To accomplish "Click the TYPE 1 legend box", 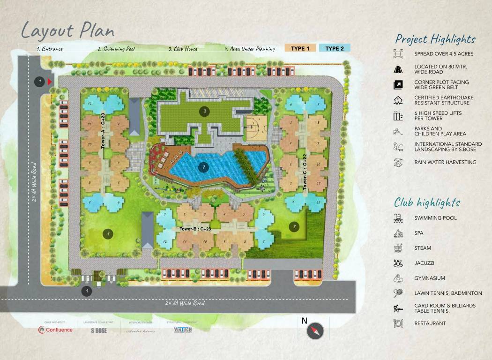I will pos(300,48).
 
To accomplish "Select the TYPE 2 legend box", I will pos(335,48).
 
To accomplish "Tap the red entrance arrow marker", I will pos(50,82).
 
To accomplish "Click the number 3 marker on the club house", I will pos(203,111).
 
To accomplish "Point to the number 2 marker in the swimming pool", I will pos(203,166).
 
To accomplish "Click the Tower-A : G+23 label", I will pos(103,131).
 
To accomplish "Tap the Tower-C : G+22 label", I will pos(305,172).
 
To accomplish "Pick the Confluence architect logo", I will pos(56,330).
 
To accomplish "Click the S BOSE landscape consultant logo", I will pos(99,330).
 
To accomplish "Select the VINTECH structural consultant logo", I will pos(183,330).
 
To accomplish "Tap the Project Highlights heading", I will pos(435,39).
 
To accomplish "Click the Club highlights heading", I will pos(427,202).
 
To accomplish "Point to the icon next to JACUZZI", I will pos(398,263).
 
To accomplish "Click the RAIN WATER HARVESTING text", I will pos(445,162).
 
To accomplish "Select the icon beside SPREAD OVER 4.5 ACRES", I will pos(398,54).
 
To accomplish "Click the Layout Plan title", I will pos(67,30).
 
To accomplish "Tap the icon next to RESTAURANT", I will pos(398,323).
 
